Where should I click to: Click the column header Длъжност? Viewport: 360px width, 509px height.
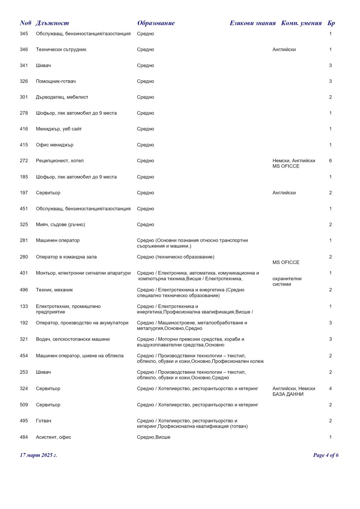click(52, 23)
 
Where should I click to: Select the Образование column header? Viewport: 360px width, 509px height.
click(156, 23)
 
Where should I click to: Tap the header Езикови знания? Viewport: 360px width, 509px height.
click(252, 23)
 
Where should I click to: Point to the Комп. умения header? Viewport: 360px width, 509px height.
click(301, 23)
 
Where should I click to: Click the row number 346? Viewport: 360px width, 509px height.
click(24, 50)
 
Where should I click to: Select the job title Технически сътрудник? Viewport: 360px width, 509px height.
click(61, 50)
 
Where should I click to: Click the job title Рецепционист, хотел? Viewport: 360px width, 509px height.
click(57, 161)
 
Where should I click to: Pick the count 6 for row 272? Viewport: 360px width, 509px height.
click(331, 161)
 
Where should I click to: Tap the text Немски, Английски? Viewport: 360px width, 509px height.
click(294, 161)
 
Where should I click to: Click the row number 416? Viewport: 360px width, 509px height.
click(24, 129)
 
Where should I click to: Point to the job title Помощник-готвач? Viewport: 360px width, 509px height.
click(56, 82)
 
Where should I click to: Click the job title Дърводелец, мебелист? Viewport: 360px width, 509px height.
click(62, 97)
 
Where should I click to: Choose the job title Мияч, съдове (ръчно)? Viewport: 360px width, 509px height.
click(60, 225)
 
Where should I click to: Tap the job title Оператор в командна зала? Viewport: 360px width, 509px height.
click(66, 257)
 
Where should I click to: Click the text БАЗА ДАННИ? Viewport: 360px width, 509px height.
click(288, 394)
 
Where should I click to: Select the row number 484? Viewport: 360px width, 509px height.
click(24, 437)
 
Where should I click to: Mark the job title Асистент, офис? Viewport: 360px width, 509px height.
click(53, 437)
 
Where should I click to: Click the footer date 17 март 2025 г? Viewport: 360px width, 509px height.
click(38, 455)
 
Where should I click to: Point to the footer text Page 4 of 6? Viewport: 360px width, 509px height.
click(326, 455)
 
